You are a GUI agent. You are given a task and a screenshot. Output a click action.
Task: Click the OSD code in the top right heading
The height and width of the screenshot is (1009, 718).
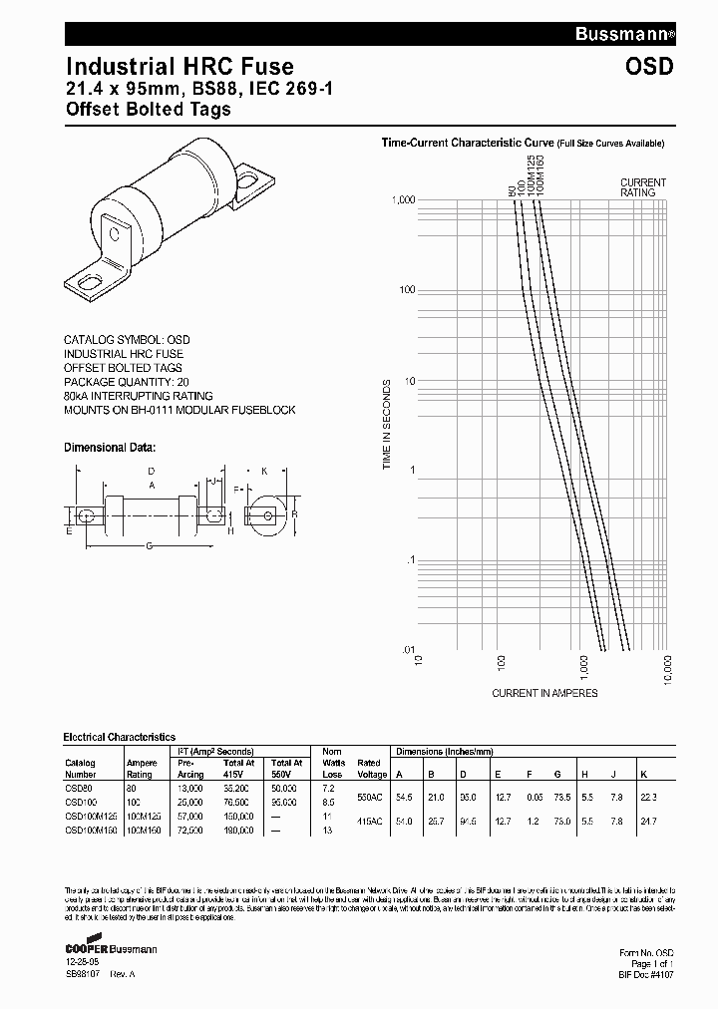(650, 67)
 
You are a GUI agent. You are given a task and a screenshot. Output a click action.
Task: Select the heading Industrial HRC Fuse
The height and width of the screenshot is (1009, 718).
(179, 67)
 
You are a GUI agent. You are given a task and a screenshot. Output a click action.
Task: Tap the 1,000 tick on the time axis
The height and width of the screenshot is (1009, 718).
(400, 200)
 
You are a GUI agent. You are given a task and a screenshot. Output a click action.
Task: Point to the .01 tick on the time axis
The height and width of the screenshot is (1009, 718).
(406, 650)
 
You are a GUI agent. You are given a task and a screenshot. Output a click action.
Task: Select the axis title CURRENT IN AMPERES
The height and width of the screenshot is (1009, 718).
(544, 693)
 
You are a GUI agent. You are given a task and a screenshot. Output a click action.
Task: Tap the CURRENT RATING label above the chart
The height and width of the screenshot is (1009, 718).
(643, 187)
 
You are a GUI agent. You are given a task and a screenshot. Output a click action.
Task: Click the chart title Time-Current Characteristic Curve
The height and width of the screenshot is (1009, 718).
(467, 144)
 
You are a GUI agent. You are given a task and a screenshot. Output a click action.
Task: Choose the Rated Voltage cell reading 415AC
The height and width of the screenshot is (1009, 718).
(371, 822)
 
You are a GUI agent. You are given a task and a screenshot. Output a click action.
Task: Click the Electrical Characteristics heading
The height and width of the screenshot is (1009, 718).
(120, 737)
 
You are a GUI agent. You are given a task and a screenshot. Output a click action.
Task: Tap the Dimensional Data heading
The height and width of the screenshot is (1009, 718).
(110, 448)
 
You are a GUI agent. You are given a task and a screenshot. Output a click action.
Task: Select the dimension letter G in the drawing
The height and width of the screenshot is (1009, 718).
(149, 545)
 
